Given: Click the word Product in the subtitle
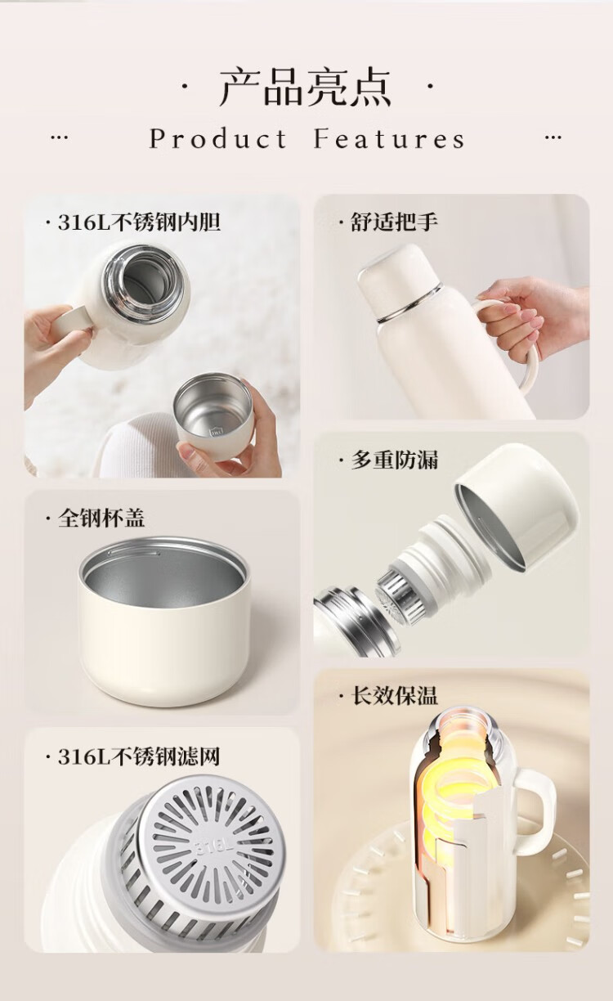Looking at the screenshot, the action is [x=218, y=138].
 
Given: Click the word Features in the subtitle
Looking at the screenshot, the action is [x=389, y=138].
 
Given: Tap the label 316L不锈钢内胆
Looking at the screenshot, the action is [x=139, y=222].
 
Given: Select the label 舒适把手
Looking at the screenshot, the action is [x=394, y=222].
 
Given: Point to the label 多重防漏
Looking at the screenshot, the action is [x=394, y=460].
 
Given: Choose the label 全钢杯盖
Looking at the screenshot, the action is [x=101, y=518].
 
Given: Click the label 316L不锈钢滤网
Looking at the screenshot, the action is [x=139, y=756].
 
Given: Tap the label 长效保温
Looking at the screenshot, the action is [x=394, y=695].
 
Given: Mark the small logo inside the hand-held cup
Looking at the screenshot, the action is [x=216, y=433].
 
